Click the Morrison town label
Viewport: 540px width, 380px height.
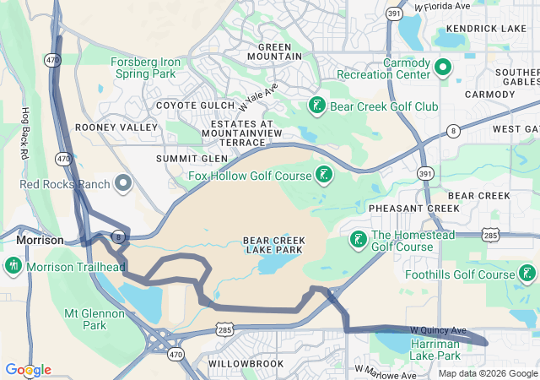[x=40, y=240]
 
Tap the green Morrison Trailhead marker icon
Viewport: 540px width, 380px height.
[x=13, y=267]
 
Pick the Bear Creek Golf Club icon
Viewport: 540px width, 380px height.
[x=316, y=106]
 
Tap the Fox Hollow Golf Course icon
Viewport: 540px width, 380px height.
[x=322, y=176]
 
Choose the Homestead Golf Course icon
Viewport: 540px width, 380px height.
[x=358, y=241]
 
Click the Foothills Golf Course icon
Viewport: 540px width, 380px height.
[x=527, y=274]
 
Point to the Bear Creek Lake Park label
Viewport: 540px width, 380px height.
[x=274, y=245]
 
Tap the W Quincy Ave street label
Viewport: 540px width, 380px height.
[x=438, y=329]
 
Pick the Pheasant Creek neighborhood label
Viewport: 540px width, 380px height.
[x=402, y=208]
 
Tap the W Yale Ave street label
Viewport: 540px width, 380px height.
[x=259, y=98]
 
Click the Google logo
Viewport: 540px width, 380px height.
[x=28, y=370]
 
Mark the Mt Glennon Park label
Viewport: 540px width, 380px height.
[x=96, y=319]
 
